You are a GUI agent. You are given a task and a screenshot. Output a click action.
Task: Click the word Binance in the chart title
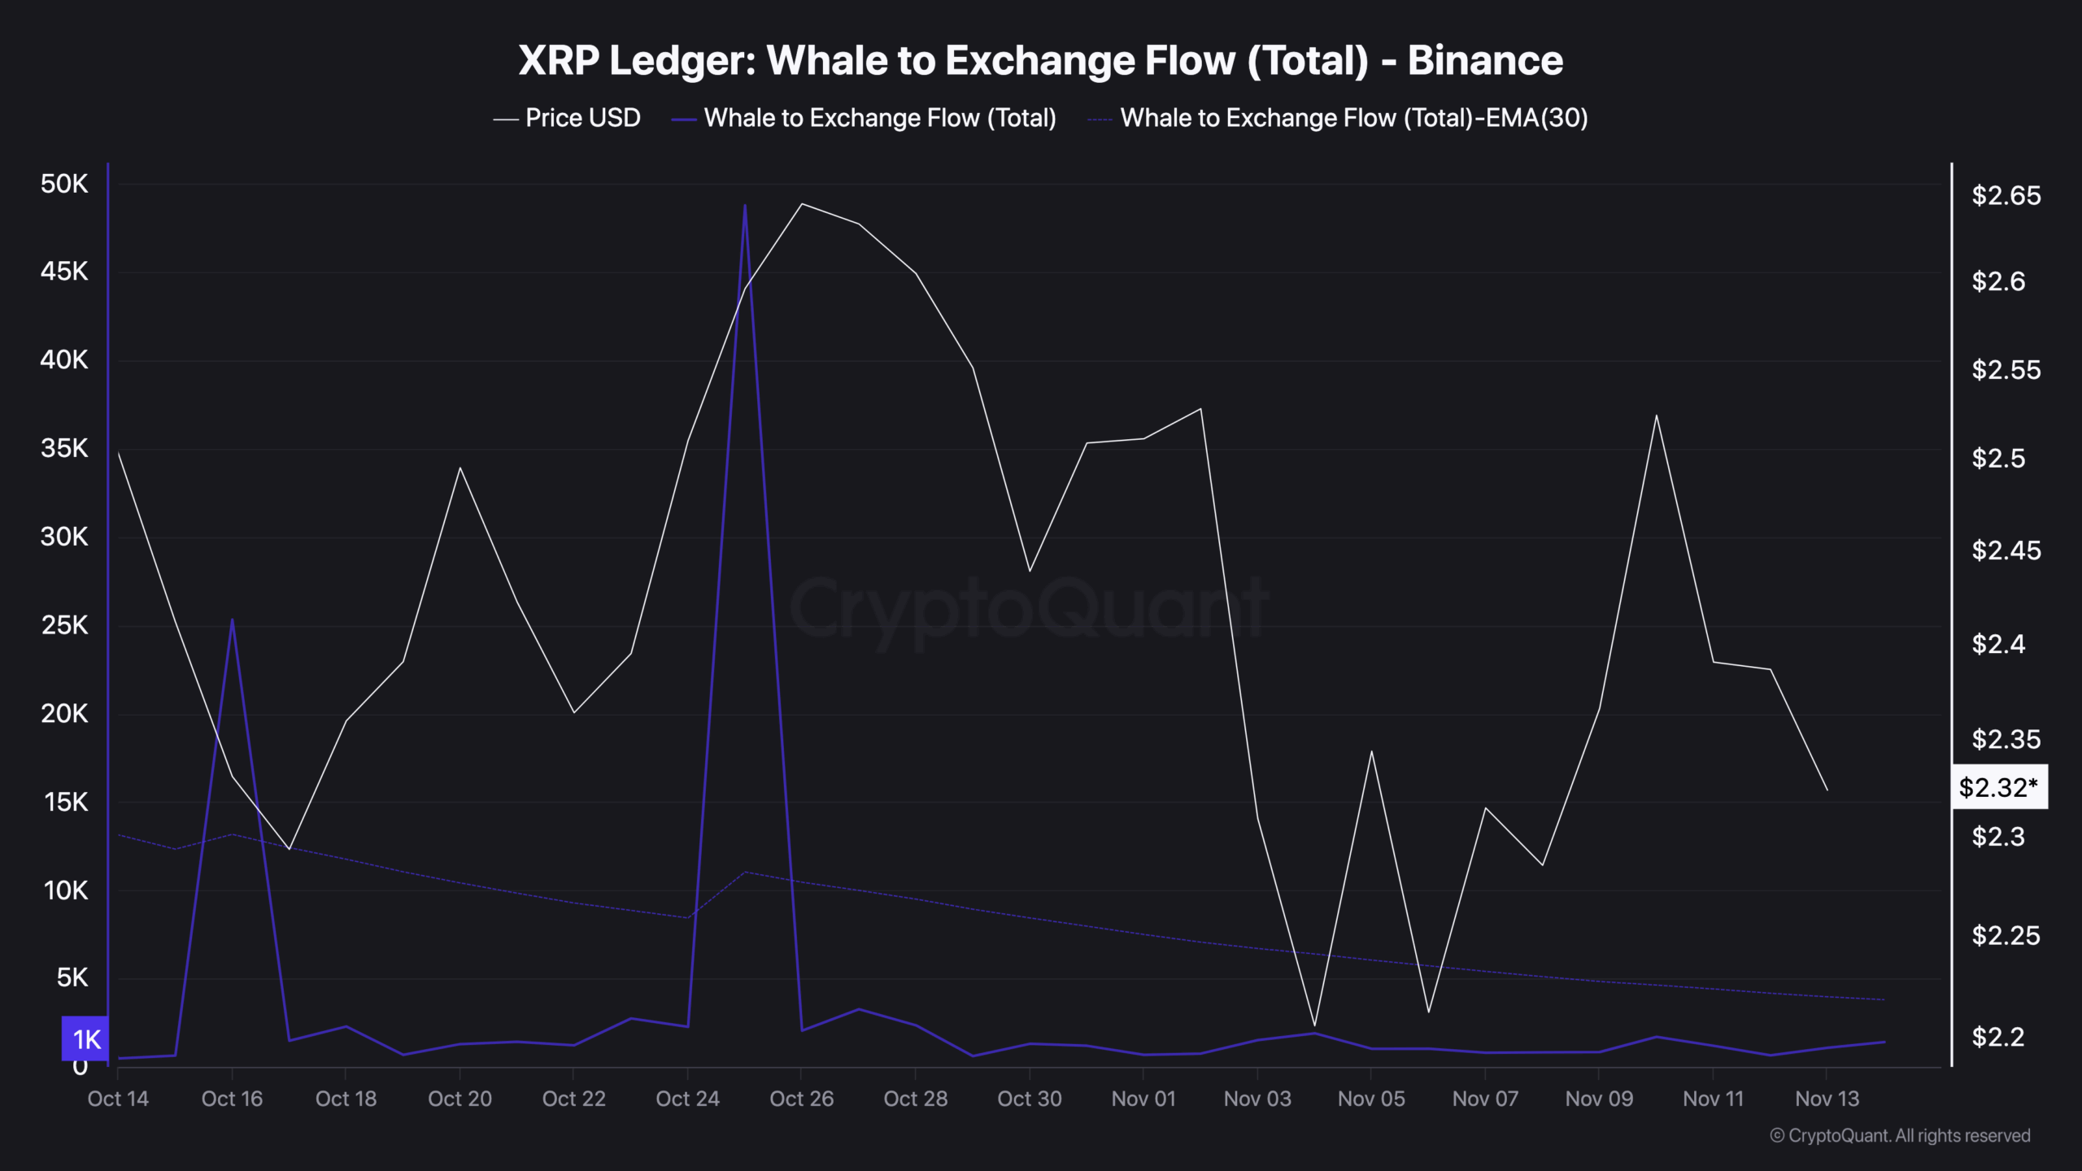(x=1485, y=61)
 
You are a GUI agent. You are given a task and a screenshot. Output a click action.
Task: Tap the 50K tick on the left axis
(x=64, y=184)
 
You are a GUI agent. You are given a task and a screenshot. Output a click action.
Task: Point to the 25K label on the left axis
(x=64, y=625)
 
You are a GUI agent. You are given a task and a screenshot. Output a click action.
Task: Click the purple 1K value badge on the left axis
(x=85, y=1038)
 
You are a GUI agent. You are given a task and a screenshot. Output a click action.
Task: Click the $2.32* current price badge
(x=1998, y=787)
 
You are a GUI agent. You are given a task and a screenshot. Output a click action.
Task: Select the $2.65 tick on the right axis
(x=2006, y=195)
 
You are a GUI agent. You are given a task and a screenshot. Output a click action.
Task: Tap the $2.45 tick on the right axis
(x=2006, y=551)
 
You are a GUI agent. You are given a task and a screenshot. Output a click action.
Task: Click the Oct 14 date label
(x=118, y=1099)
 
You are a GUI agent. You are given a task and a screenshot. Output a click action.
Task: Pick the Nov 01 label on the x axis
(x=1143, y=1099)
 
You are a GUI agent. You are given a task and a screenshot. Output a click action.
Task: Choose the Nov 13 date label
(x=1827, y=1099)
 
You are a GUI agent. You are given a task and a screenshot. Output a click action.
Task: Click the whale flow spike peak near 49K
(x=745, y=206)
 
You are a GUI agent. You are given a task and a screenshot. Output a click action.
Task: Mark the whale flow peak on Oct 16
(x=232, y=620)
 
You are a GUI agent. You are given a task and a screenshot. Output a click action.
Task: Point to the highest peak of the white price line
(x=802, y=203)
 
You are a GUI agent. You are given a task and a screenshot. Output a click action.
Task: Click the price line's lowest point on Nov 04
(x=1314, y=1026)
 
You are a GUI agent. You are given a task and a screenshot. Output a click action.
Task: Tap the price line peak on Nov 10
(x=1656, y=416)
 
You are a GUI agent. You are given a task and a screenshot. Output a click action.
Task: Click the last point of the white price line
(x=1827, y=790)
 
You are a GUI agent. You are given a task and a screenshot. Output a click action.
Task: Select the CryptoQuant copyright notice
(x=1900, y=1135)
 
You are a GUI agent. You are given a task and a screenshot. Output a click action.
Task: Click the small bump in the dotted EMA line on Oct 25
(x=745, y=872)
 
